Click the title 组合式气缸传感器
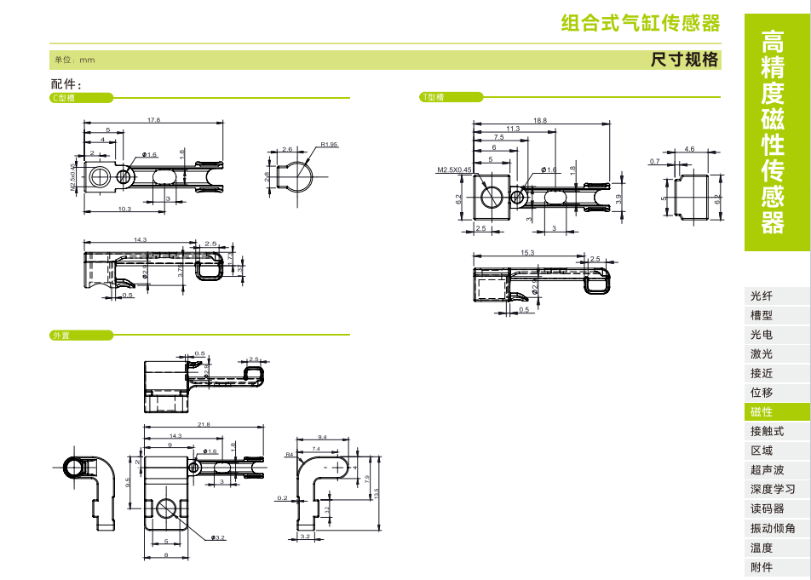641,23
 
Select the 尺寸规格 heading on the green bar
685,60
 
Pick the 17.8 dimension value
153,120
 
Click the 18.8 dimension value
540,120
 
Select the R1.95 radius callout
330,145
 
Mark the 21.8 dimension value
204,424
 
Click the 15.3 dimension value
527,253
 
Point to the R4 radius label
289,456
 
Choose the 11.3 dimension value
513,129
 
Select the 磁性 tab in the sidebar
762,412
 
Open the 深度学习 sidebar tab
773,490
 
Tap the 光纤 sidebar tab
762,296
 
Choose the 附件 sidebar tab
762,567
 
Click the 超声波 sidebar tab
767,470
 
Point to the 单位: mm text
74,60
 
